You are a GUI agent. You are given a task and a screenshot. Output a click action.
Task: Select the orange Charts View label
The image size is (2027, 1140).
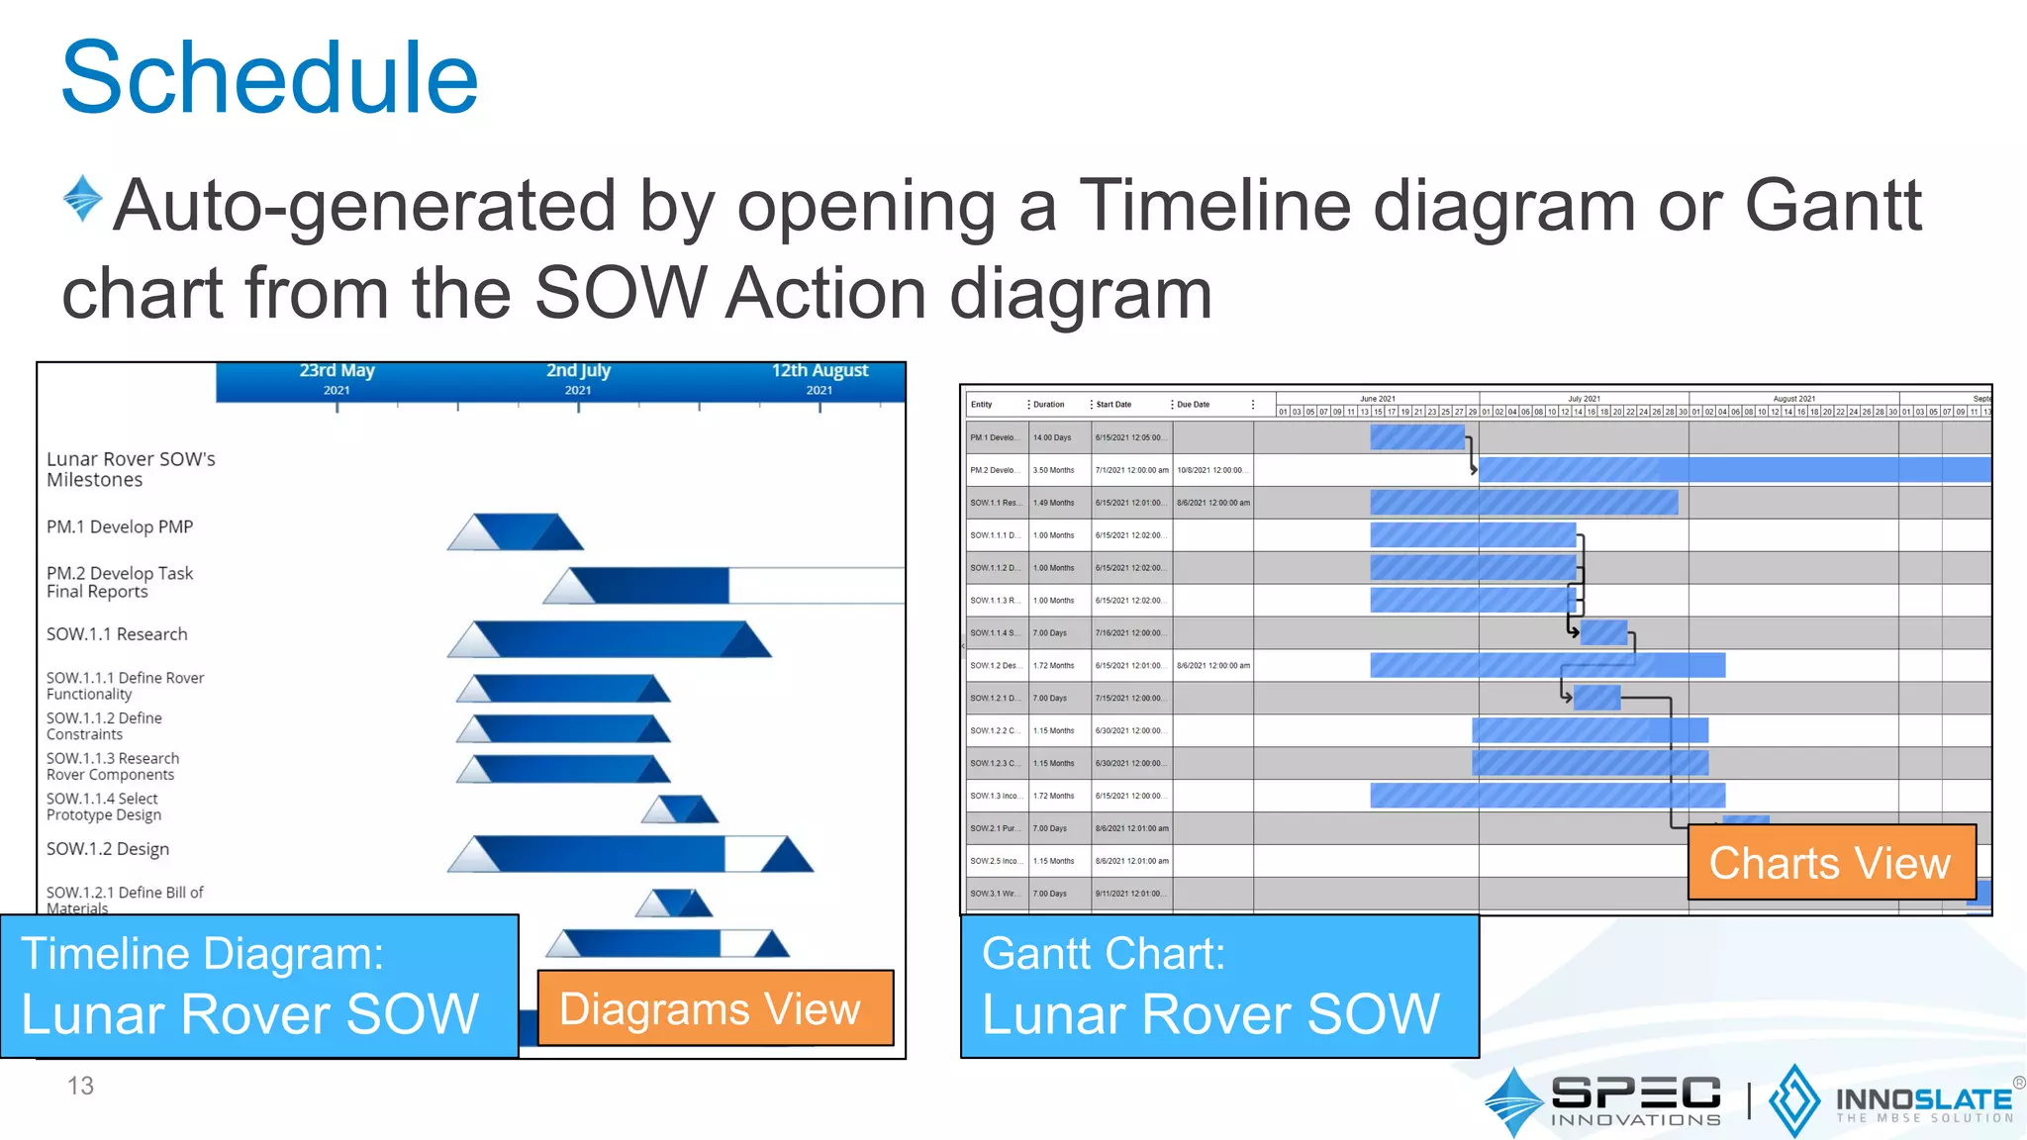[1830, 863]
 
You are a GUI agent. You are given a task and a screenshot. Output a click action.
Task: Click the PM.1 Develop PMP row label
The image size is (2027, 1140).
[120, 527]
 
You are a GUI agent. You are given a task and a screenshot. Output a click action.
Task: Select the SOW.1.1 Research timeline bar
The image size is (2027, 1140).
[609, 639]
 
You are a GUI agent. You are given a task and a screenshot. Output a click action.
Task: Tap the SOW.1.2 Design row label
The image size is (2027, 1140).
[108, 849]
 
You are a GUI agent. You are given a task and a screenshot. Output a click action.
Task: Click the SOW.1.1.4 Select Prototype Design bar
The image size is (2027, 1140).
[680, 809]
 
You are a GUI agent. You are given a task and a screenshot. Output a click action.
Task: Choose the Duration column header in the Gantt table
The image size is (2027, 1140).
[1049, 405]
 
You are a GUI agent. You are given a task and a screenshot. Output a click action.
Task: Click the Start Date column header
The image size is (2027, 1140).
[1113, 405]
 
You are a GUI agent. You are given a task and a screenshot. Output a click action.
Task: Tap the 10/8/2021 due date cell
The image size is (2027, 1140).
[1210, 470]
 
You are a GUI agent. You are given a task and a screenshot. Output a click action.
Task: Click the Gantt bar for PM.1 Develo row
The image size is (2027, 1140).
[1416, 437]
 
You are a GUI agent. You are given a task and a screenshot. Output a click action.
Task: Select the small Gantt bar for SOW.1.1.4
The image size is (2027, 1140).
[1603, 632]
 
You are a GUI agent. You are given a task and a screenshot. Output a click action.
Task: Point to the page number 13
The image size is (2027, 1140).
[80, 1086]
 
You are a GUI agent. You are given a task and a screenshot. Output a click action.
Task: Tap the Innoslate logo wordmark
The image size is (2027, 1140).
[1923, 1100]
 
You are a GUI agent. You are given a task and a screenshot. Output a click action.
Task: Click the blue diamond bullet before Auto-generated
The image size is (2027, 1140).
[82, 198]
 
